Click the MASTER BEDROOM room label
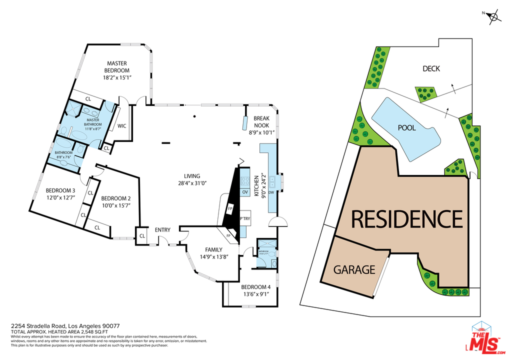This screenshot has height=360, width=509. click(116, 67)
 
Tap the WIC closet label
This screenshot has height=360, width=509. click(121, 126)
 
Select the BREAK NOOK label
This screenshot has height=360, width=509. click(261, 122)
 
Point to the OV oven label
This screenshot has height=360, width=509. click(245, 192)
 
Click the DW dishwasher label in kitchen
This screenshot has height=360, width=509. click(271, 192)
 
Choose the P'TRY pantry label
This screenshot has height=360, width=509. click(244, 218)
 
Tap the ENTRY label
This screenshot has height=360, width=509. click(162, 230)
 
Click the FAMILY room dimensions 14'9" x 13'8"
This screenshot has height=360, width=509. click(213, 257)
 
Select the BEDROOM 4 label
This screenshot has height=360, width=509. click(255, 287)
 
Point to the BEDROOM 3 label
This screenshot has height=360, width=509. click(60, 190)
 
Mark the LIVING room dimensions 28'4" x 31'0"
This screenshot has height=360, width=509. click(192, 183)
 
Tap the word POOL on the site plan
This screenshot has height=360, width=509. click(406, 127)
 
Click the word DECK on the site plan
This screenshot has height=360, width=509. click(431, 68)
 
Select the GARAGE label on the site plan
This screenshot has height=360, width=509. click(354, 270)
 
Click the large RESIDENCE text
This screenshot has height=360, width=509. click(406, 219)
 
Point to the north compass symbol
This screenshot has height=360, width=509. click(494, 17)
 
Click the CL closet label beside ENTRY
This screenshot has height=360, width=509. click(142, 235)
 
